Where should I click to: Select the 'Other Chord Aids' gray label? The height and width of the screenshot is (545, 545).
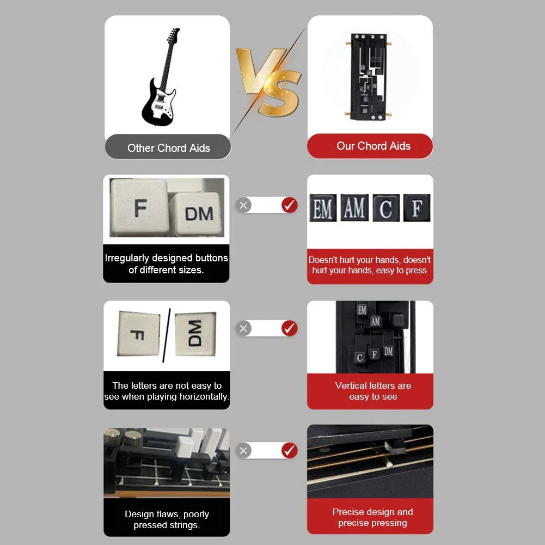(168, 148)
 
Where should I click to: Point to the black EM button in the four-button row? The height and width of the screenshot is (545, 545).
(323, 209)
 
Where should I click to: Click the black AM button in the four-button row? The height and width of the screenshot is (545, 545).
(354, 209)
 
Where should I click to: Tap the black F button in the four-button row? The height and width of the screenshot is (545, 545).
(417, 209)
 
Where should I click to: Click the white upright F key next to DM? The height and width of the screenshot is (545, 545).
(139, 207)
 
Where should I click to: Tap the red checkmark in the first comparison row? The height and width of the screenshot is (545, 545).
(289, 205)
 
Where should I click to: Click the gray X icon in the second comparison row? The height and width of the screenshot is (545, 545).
(244, 328)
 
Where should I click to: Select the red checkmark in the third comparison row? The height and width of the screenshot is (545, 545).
(289, 450)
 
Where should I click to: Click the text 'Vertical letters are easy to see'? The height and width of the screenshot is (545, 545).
(372, 391)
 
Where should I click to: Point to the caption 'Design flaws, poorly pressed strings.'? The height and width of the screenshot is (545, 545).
(167, 519)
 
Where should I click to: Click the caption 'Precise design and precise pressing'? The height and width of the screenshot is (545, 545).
(372, 517)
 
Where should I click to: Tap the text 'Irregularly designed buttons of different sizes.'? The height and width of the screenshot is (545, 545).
(167, 264)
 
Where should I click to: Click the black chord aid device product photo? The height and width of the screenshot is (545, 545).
(370, 76)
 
